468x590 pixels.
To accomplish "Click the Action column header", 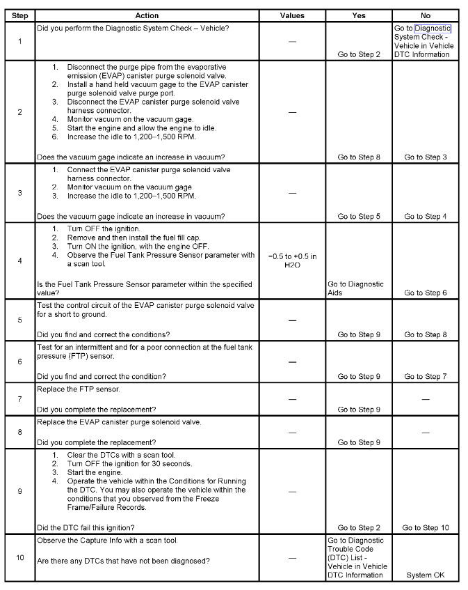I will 147,15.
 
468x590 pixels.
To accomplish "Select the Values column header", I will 292,15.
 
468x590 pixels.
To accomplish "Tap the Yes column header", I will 359,15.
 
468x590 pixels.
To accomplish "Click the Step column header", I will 19,15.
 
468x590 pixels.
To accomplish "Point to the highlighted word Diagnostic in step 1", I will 433,29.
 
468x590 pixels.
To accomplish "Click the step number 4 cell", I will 19,261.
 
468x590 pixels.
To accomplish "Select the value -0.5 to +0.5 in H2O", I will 292,261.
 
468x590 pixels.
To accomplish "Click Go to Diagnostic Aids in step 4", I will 355,288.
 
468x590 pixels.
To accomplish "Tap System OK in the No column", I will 426,575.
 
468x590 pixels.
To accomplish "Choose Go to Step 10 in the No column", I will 426,527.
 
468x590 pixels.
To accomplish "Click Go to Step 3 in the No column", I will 426,157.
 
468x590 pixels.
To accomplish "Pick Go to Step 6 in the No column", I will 426,293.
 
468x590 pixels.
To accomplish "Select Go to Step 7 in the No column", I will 426,376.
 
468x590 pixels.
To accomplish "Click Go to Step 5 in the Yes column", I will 359,216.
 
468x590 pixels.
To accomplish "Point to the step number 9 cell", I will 19,490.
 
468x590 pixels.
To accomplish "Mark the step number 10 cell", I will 19,557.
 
